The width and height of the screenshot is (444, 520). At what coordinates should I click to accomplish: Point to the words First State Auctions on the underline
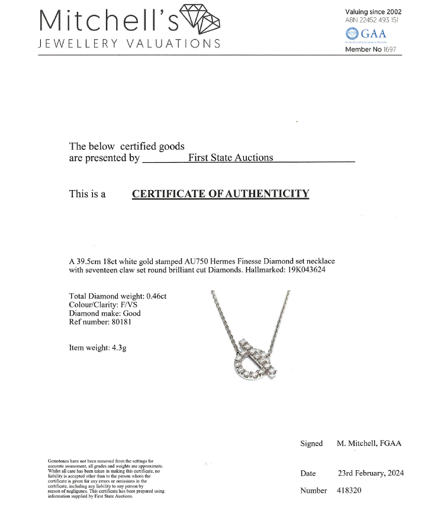(x=230, y=158)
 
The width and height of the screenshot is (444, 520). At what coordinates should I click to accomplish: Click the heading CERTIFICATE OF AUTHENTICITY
(x=220, y=194)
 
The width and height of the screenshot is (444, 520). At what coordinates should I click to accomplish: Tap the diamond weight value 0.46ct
(x=154, y=296)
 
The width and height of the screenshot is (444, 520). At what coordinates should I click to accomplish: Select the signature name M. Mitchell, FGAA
(x=369, y=444)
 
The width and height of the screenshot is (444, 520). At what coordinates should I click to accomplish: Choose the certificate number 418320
(x=349, y=490)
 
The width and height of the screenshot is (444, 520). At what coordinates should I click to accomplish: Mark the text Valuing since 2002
(x=374, y=11)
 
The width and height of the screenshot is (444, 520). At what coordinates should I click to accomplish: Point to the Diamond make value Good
(x=131, y=313)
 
